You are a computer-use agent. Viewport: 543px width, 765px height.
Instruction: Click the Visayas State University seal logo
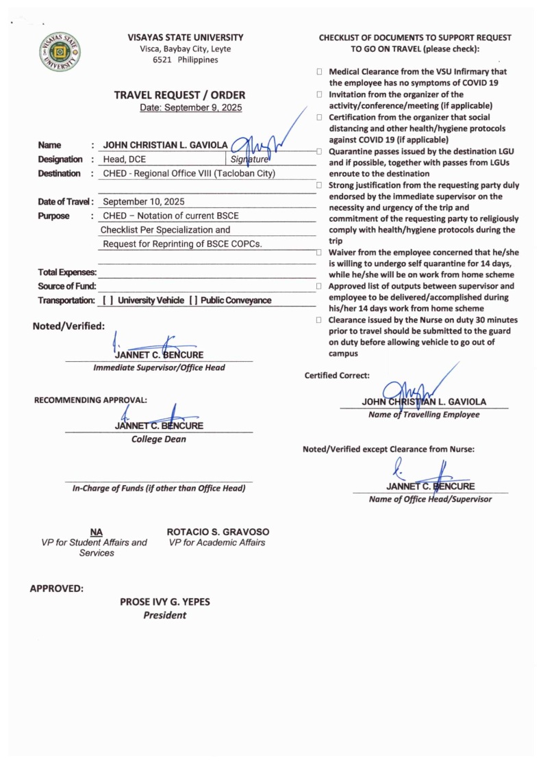click(x=60, y=52)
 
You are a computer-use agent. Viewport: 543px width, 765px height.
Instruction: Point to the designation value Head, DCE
click(x=124, y=159)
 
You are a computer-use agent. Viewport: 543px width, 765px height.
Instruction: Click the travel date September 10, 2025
click(x=143, y=202)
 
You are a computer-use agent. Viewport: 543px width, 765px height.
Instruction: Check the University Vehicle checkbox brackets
click(x=108, y=300)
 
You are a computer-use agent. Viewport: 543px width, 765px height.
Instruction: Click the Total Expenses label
click(x=67, y=272)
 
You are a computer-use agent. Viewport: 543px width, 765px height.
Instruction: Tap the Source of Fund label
click(x=67, y=286)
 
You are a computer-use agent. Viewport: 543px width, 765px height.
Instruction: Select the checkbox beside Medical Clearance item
click(x=320, y=72)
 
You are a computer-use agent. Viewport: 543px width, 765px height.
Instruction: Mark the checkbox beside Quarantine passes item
click(x=320, y=151)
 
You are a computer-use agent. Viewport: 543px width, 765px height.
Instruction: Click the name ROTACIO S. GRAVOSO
click(x=218, y=532)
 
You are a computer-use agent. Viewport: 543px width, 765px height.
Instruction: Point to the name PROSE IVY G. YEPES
click(x=165, y=602)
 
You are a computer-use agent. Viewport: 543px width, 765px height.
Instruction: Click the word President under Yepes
click(x=164, y=615)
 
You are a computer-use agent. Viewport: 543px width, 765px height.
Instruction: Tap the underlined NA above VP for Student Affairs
click(x=96, y=532)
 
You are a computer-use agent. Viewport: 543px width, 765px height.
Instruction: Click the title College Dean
click(x=158, y=439)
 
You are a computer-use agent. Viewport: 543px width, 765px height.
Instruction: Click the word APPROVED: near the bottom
click(x=57, y=588)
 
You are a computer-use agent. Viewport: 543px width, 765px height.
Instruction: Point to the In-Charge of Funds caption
click(x=158, y=488)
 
